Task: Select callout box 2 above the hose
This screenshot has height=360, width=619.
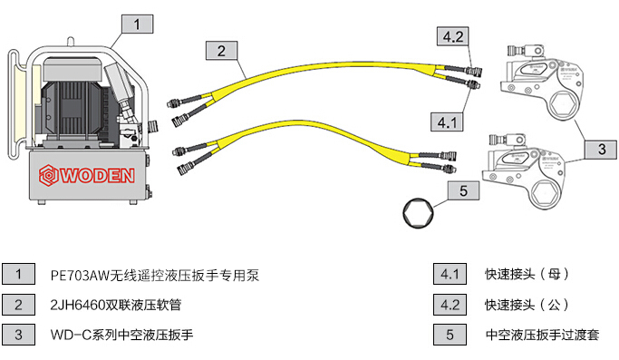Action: coord(221,51)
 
